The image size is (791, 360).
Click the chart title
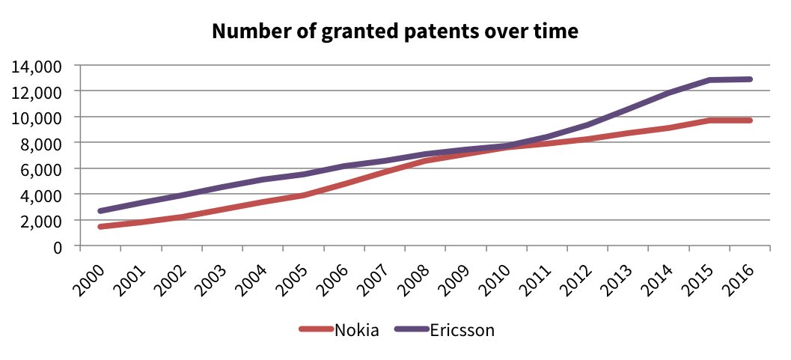tap(395, 31)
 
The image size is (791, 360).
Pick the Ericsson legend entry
tap(462, 329)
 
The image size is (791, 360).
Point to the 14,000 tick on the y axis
tap(35, 66)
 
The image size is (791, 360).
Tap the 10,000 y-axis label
tap(35, 118)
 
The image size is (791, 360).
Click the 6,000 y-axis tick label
tap(39, 168)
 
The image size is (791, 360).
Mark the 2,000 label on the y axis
tap(39, 220)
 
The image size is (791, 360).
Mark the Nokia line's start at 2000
tap(100, 226)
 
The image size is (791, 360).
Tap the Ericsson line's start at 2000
tap(100, 211)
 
